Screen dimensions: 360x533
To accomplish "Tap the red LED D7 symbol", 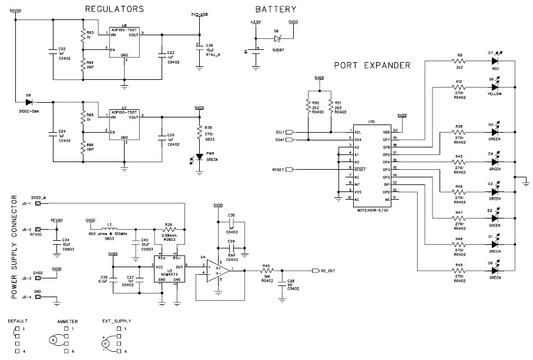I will click(x=495, y=60).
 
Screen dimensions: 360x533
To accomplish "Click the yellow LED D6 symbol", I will click(x=495, y=87).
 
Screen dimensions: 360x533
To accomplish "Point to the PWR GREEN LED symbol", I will click(x=199, y=159).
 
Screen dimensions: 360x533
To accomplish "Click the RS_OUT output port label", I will click(x=328, y=270).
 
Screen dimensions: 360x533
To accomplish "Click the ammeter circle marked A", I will click(x=53, y=340).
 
